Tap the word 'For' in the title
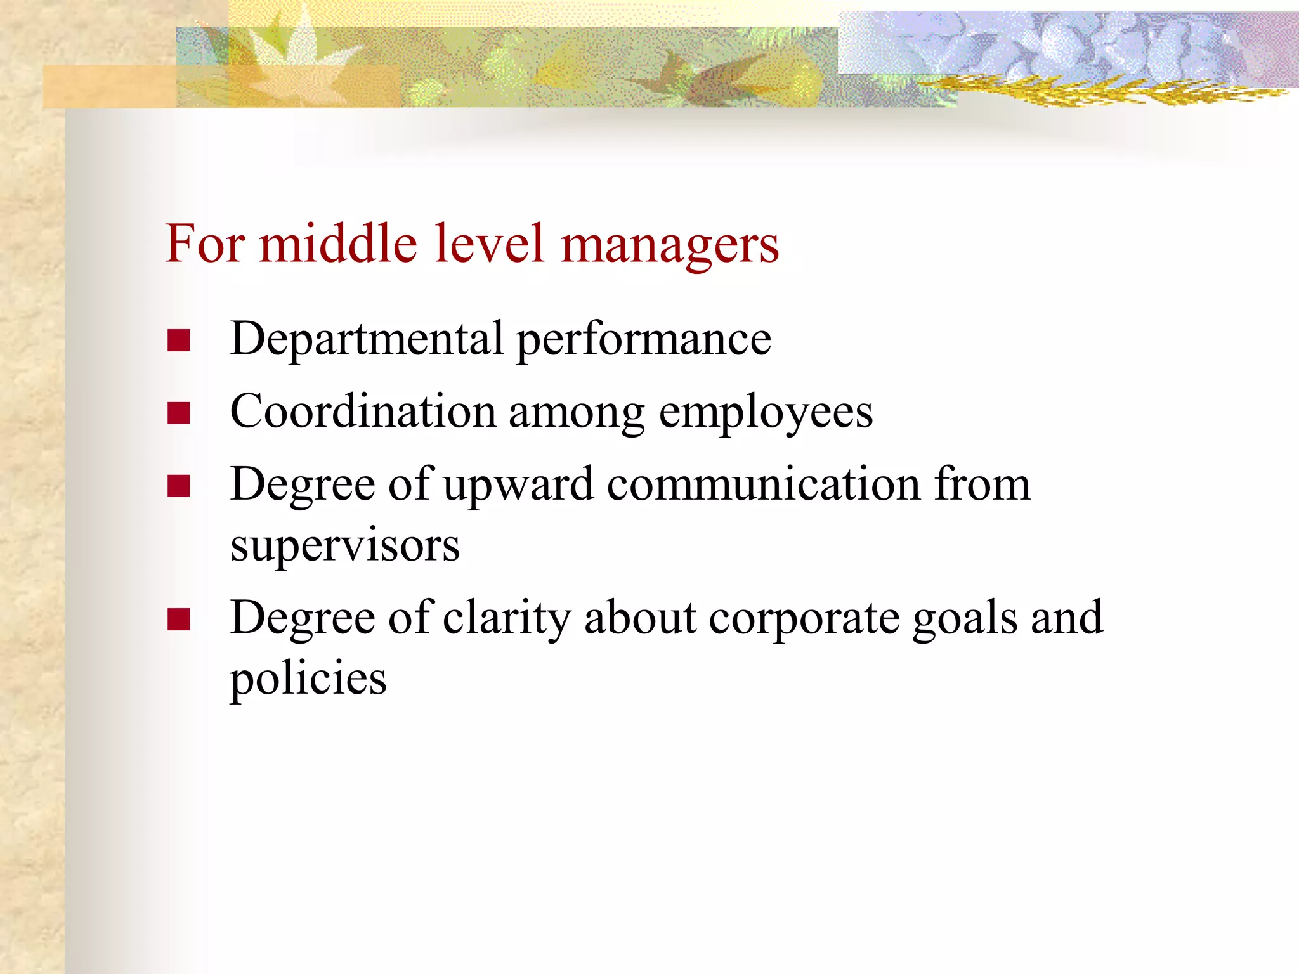[205, 243]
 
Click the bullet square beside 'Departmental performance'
[179, 341]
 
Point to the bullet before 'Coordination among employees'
[179, 413]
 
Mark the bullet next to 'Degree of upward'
[179, 486]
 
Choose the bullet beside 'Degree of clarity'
[179, 620]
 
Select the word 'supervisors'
[345, 547]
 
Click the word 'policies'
[308, 680]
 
